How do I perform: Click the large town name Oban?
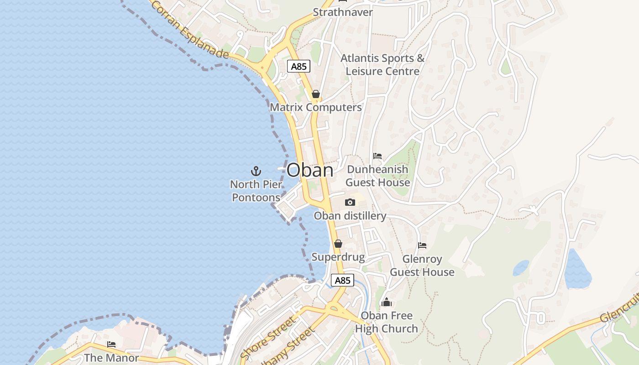pos(310,170)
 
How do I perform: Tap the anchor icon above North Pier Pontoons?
pos(256,171)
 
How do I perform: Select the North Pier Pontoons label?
pos(256,191)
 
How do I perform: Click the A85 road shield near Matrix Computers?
pos(299,67)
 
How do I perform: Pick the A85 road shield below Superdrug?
pos(342,280)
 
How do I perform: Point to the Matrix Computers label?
pos(316,108)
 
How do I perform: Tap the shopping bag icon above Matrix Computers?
pos(315,94)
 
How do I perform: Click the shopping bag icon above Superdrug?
pos(338,244)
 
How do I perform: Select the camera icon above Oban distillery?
pos(350,202)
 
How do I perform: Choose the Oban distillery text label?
pos(350,216)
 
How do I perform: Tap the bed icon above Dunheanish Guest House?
pos(377,156)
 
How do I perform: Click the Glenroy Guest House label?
pos(422,266)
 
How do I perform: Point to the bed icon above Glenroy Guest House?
pos(422,245)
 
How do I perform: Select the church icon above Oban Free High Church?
pos(387,302)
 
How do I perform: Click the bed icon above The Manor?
pos(111,344)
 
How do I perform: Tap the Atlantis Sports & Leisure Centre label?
pos(382,65)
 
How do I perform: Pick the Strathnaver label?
pos(343,12)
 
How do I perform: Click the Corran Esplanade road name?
pos(189,29)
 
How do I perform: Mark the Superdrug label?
pos(338,257)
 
